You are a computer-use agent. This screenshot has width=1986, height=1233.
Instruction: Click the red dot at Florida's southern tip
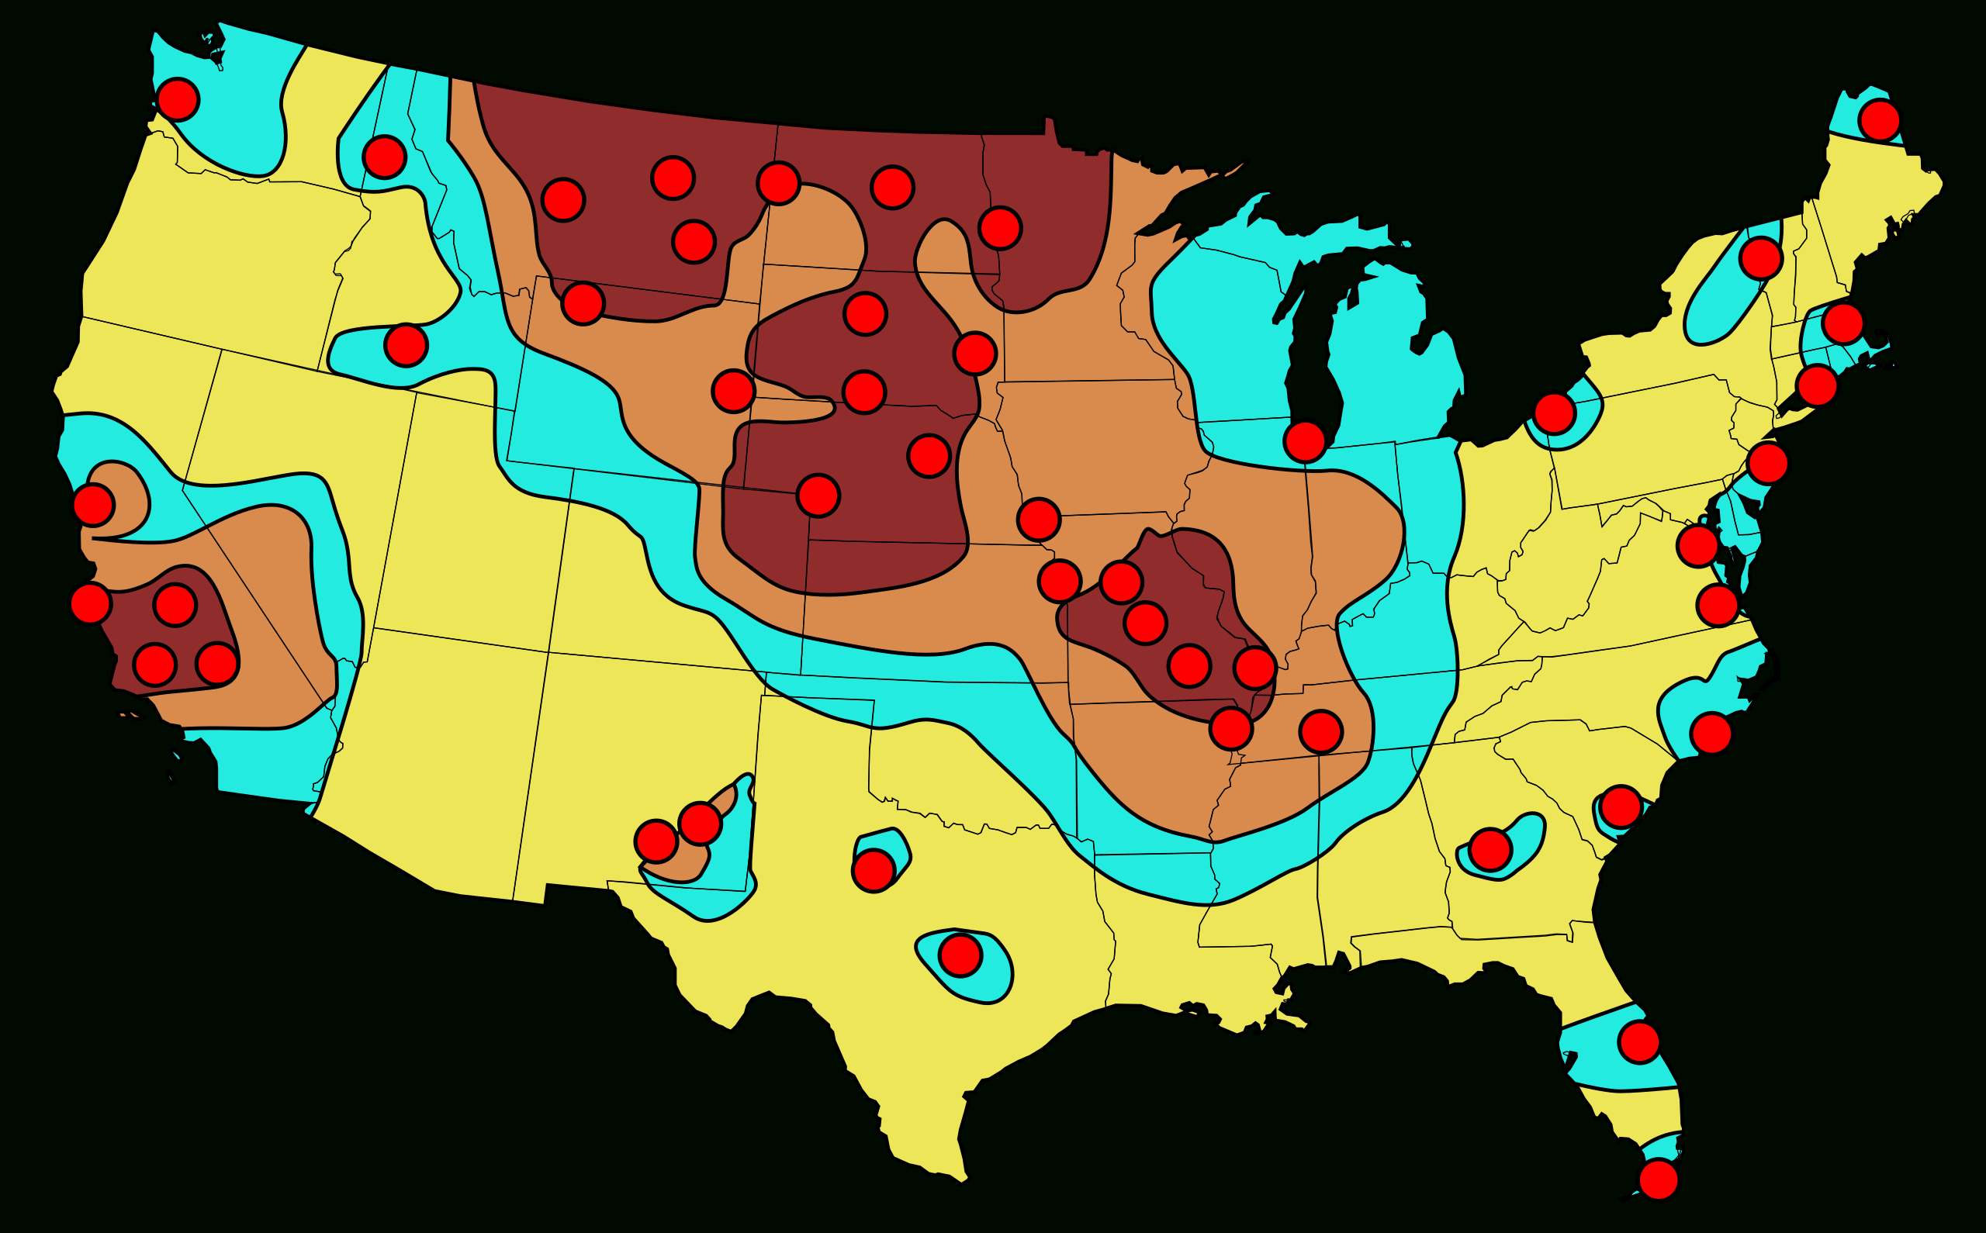(x=1658, y=1179)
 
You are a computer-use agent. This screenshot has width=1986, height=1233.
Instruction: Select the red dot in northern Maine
(x=1879, y=121)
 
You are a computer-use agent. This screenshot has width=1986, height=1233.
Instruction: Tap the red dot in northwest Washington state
(x=178, y=98)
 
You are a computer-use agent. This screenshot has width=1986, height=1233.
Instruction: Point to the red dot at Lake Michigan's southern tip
(x=1304, y=441)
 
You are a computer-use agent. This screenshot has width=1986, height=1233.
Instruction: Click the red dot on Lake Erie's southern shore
(x=1554, y=413)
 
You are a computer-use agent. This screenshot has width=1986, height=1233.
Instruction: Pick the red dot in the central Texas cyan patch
(x=960, y=955)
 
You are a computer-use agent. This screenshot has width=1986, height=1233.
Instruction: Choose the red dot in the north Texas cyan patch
(x=874, y=870)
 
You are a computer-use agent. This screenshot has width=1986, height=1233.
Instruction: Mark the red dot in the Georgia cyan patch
(x=1490, y=850)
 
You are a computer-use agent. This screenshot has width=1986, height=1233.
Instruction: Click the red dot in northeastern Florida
(x=1639, y=1041)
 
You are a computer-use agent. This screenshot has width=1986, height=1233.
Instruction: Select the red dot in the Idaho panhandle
(x=384, y=157)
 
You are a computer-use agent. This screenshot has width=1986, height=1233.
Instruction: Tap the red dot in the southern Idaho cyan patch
(x=406, y=345)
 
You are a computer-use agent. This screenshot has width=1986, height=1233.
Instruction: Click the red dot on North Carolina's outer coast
(x=1711, y=733)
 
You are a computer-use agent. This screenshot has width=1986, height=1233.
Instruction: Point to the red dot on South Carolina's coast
(x=1621, y=806)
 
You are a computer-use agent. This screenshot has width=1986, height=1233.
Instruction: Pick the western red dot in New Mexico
(x=656, y=841)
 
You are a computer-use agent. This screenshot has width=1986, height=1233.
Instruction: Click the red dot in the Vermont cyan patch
(x=1761, y=258)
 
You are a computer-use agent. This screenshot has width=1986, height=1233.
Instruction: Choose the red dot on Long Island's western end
(x=1767, y=463)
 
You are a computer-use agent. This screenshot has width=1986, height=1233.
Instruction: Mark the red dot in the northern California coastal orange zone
(x=93, y=505)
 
